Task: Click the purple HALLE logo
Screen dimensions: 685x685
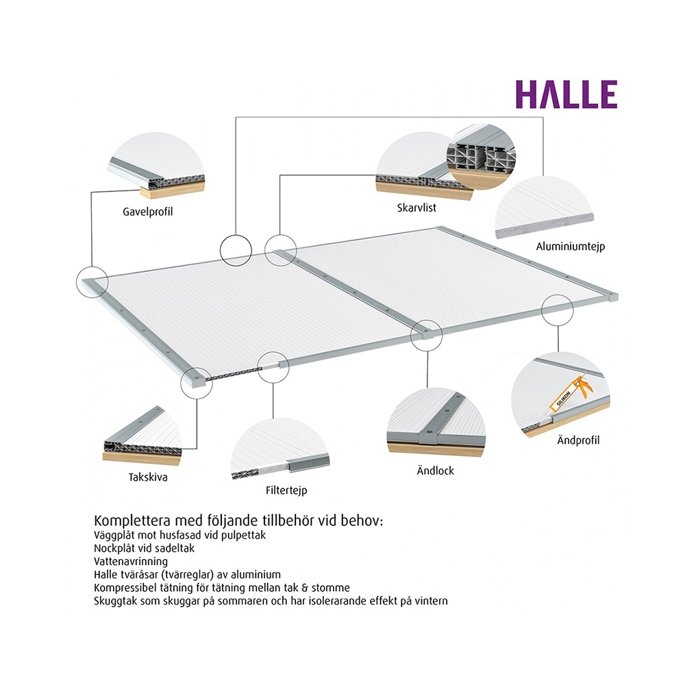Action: [x=566, y=95]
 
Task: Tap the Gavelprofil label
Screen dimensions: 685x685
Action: [x=143, y=212]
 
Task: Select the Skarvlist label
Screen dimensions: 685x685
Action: [x=416, y=207]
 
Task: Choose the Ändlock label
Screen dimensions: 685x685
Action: [x=435, y=471]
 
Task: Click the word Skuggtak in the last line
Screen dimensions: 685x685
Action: [x=114, y=601]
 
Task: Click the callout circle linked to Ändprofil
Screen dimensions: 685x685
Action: [x=556, y=310]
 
